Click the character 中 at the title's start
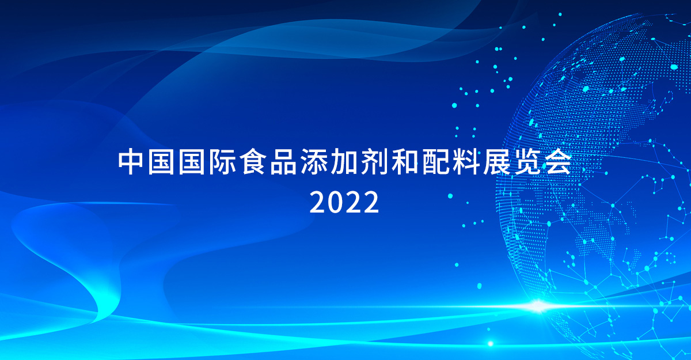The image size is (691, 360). [x=130, y=162]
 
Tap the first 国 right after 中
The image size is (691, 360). [x=161, y=162]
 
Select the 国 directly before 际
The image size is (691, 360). [x=191, y=162]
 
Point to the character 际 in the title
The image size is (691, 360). [x=222, y=162]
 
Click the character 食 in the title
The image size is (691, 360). [x=252, y=162]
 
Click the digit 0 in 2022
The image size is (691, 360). [x=336, y=202]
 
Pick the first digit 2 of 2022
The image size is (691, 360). [x=318, y=202]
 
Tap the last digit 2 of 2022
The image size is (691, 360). [x=370, y=202]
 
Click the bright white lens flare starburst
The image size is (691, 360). [x=537, y=306]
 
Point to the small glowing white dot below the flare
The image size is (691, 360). [x=490, y=343]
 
